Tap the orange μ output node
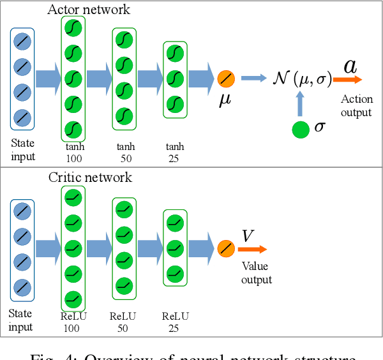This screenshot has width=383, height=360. (226, 79)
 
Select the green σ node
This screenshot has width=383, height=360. (301, 128)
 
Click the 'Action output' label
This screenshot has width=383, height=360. (356, 106)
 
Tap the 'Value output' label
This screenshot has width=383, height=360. (256, 274)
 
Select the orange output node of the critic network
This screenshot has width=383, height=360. (226, 248)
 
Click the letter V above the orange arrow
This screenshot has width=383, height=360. (247, 236)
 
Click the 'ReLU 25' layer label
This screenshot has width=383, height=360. (174, 321)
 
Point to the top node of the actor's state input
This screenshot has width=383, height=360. (22, 40)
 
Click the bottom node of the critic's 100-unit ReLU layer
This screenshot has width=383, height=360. (73, 297)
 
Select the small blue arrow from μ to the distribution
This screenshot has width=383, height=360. (254, 79)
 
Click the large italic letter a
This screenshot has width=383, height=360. (350, 65)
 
